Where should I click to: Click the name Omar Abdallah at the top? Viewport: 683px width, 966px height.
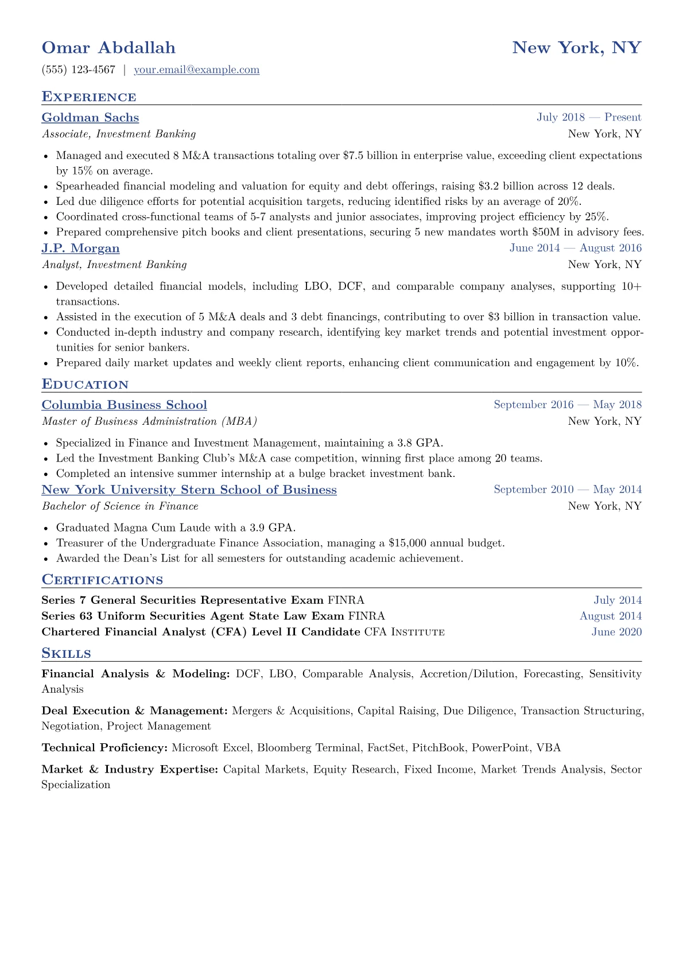click(x=108, y=48)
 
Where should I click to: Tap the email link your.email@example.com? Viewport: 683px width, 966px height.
click(x=196, y=70)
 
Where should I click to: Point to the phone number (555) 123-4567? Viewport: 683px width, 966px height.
click(x=79, y=70)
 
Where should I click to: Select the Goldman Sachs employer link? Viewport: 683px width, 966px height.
click(x=90, y=118)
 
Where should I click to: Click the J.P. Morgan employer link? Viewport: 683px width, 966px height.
click(x=80, y=248)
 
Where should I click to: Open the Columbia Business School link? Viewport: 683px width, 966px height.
click(x=124, y=405)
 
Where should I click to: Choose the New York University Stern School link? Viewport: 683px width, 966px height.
click(x=189, y=490)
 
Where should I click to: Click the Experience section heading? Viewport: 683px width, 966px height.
click(x=89, y=97)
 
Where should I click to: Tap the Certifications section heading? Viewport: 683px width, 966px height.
click(x=102, y=580)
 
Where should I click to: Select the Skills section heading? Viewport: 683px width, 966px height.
click(x=66, y=653)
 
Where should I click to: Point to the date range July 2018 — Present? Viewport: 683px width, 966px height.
click(x=589, y=118)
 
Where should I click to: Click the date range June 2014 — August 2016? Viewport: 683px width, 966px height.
click(x=575, y=248)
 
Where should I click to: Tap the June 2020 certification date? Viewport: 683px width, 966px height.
click(x=616, y=632)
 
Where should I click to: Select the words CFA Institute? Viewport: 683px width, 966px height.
click(x=404, y=632)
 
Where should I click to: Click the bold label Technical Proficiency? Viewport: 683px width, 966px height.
click(x=104, y=748)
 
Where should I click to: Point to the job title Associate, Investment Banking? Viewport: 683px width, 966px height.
click(x=119, y=134)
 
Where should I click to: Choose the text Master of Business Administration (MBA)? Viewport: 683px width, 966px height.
click(x=149, y=421)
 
